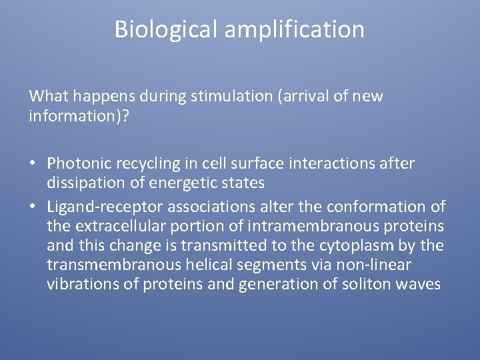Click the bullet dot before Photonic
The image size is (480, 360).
click(33, 164)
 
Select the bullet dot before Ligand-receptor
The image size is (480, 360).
click(33, 207)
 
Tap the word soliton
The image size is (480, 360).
click(369, 284)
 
